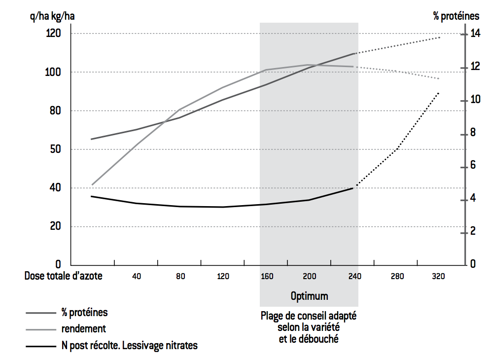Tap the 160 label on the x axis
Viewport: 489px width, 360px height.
tap(267, 277)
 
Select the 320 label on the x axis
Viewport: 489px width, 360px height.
tap(438, 277)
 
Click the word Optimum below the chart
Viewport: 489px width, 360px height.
tap(309, 296)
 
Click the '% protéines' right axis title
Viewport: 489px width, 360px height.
tap(456, 16)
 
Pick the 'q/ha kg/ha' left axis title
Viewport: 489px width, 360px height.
tap(53, 16)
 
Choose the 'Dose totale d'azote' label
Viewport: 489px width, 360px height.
tap(64, 276)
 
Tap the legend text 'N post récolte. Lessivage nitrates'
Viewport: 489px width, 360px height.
tap(130, 346)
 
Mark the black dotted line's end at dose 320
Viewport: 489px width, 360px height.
tap(439, 92)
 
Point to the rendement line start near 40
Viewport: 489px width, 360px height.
tap(92, 185)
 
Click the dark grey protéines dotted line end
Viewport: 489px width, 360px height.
tap(440, 37)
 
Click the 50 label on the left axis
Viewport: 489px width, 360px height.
tap(53, 149)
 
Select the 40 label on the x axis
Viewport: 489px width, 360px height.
tap(137, 277)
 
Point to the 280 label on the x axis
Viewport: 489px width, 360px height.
tap(396, 277)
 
